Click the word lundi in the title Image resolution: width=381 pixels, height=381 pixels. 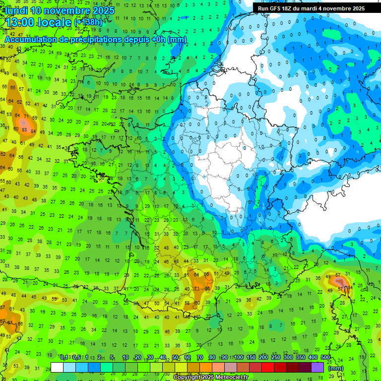click(x=16, y=10)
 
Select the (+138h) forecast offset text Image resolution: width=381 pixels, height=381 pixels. click(x=88, y=22)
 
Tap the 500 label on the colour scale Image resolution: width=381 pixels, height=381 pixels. click(x=325, y=358)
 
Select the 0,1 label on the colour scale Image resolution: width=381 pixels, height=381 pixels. click(x=63, y=358)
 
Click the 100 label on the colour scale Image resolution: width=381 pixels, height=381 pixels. click(x=239, y=358)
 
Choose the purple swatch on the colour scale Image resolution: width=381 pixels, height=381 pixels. click(x=317, y=367)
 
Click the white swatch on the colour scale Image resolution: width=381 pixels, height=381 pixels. click(x=57, y=367)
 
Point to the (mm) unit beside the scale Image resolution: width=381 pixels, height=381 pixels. click(x=336, y=368)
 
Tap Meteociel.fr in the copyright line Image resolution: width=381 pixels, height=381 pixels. click(x=230, y=377)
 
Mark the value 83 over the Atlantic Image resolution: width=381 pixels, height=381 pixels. click(x=24, y=130)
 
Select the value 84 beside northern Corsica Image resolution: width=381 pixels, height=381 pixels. click(x=350, y=287)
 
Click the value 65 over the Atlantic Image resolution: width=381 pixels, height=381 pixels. click(x=13, y=87)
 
